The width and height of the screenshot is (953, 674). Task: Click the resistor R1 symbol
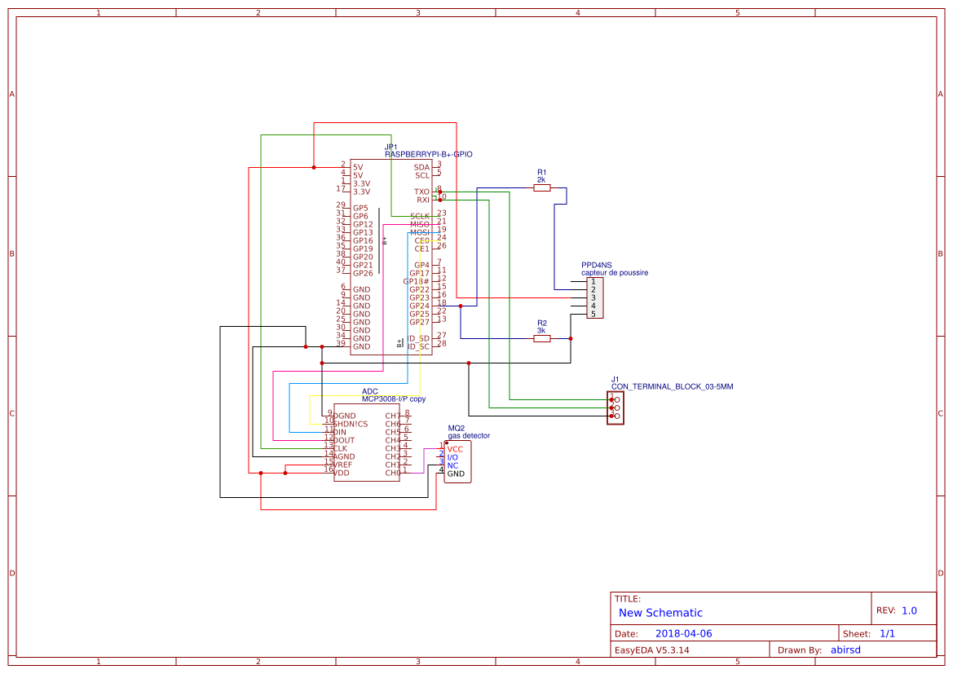[x=541, y=187]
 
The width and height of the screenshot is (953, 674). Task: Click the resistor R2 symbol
[x=541, y=338]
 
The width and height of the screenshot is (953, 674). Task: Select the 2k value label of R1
[x=541, y=179]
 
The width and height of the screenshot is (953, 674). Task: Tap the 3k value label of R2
[x=541, y=330]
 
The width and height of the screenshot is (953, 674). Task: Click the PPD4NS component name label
[x=596, y=265]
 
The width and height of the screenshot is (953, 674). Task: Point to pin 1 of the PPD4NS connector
[x=593, y=282]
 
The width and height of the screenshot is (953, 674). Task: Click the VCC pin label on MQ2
[x=455, y=449]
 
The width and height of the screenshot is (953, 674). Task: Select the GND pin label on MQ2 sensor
[x=456, y=474]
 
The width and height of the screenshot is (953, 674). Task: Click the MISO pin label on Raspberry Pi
[x=419, y=224]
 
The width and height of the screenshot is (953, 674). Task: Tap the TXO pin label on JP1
[x=421, y=192]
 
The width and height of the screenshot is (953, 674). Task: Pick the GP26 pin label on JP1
[x=363, y=273]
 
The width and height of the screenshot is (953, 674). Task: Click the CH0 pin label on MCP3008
[x=393, y=473]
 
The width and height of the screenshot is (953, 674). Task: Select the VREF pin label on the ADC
[x=342, y=465]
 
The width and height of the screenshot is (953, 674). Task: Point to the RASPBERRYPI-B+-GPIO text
[x=429, y=154]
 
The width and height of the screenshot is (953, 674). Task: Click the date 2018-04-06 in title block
[x=683, y=633]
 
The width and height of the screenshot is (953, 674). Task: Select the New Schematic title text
[x=660, y=613]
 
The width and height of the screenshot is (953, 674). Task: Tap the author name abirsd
[x=845, y=650]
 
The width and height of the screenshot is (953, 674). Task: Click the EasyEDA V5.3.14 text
[x=651, y=650]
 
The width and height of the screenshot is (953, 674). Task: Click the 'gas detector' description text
[x=469, y=436]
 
